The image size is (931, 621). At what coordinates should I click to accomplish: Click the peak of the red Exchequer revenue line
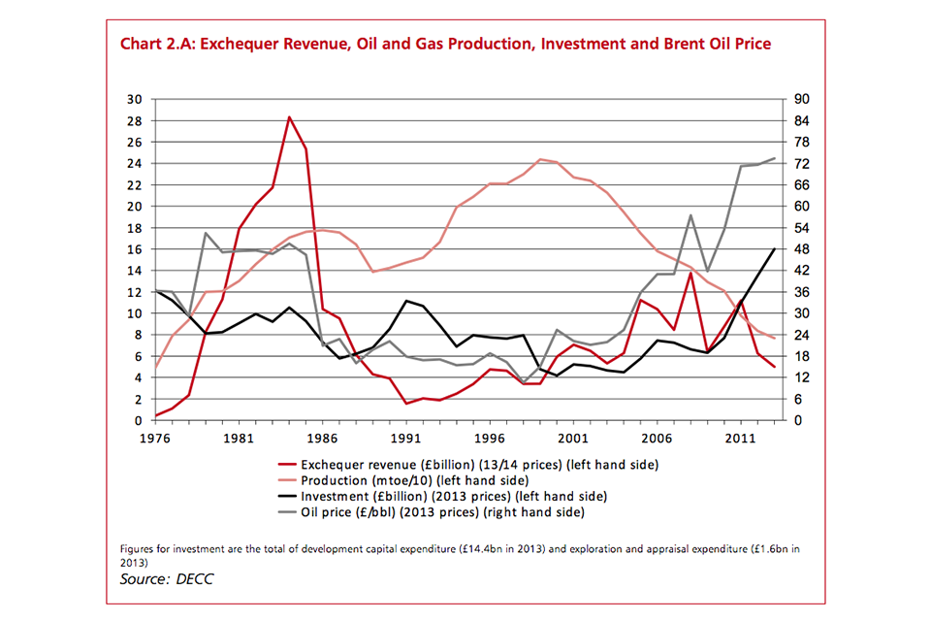click(289, 117)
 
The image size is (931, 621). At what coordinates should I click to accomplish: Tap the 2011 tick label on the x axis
click(739, 438)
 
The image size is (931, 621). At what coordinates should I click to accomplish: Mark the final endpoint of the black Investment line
click(774, 249)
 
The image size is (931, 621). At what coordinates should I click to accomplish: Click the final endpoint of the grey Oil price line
click(774, 158)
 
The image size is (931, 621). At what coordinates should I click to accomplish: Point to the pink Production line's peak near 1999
click(539, 159)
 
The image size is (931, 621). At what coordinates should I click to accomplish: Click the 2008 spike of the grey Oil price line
click(690, 215)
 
